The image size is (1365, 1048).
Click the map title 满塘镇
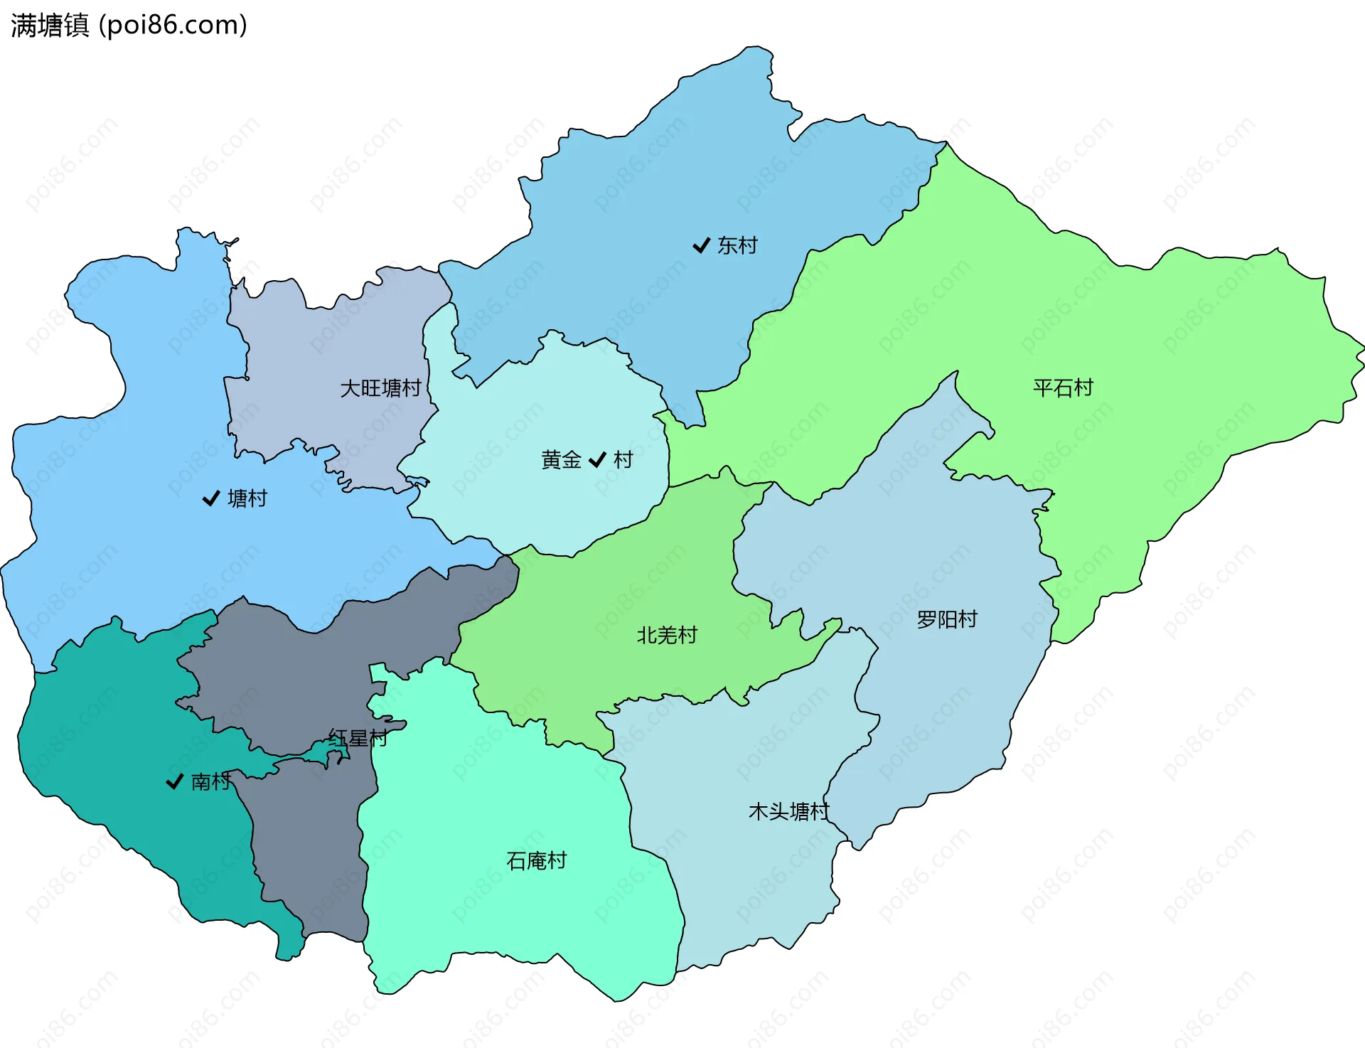pos(50,26)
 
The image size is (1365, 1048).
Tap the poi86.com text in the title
pos(173,26)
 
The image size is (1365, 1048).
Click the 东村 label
pos(737,246)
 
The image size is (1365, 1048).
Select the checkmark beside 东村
pos(701,246)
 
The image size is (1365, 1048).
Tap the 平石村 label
pos(1063,388)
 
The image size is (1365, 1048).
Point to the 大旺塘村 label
pos(380,389)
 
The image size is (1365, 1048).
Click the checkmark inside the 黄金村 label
pos(597,460)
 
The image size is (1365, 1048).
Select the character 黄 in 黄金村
pos(551,460)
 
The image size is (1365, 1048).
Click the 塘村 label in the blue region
pos(247,499)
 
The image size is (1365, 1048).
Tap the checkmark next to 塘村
pos(210,499)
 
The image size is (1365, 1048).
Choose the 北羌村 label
pos(667,636)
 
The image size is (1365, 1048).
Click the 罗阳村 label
pos(947,620)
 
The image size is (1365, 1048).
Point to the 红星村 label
pos(358,739)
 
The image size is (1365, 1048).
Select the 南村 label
pos(210,782)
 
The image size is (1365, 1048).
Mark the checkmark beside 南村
pos(174,782)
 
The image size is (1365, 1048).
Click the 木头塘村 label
pos(789,812)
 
